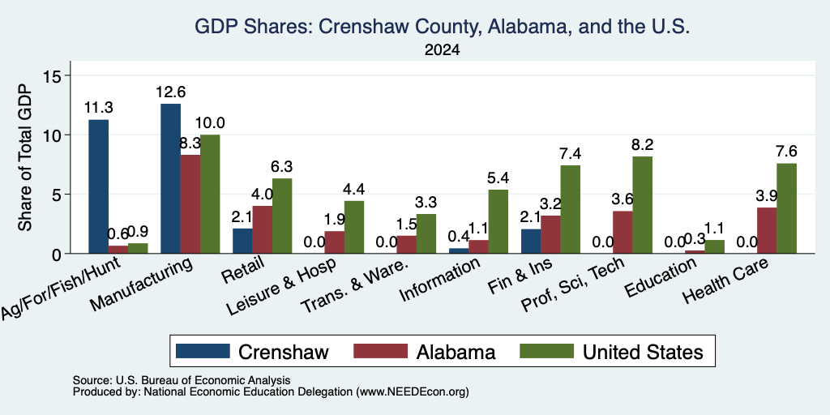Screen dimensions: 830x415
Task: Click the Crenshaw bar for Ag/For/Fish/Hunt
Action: [x=98, y=186]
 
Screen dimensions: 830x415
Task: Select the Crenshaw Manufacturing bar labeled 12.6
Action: [x=170, y=178]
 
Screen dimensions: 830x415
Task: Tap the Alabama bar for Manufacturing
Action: [x=190, y=203]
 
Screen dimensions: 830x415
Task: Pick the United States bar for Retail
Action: [x=282, y=216]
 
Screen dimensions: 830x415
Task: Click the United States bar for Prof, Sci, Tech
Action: [x=642, y=205]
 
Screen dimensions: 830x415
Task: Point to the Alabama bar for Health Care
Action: [x=767, y=230]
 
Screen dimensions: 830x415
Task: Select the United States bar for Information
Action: [x=498, y=221]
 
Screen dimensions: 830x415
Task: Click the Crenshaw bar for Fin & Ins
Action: [x=531, y=241]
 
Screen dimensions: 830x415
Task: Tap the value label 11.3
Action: [x=98, y=108]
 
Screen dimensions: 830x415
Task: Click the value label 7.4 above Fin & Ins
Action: [x=570, y=153]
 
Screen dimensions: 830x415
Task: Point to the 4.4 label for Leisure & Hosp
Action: [x=354, y=189]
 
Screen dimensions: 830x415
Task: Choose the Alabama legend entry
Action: [x=424, y=352]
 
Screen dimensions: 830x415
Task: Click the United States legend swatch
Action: [x=546, y=351]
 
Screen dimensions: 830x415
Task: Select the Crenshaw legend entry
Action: [x=252, y=352]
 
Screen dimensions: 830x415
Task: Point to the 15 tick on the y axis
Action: [x=56, y=75]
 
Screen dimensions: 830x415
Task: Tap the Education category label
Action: [x=660, y=278]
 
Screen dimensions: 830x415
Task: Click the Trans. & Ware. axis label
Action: [x=355, y=286]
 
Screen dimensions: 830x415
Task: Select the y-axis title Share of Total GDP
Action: [x=24, y=157]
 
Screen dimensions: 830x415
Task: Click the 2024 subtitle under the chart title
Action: [x=442, y=50]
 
